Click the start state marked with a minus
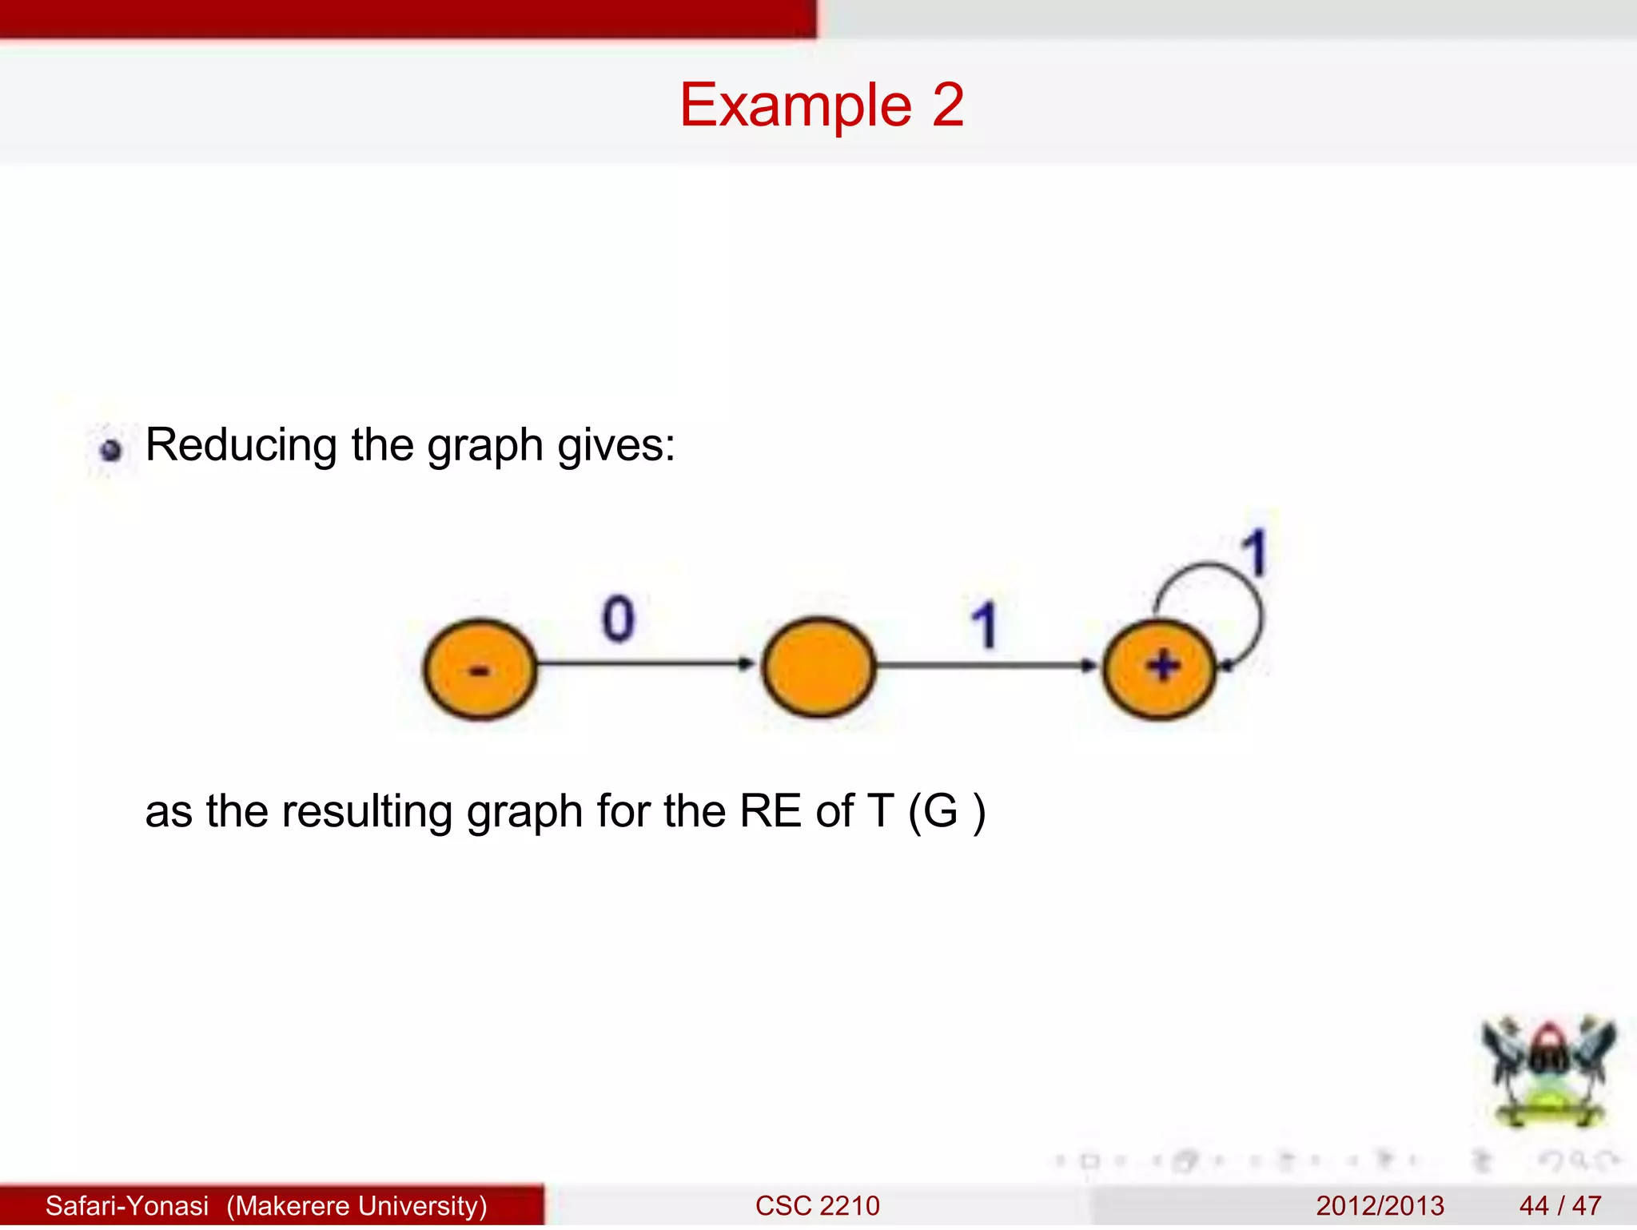click(480, 669)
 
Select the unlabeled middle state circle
click(818, 667)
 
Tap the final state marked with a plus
click(1160, 667)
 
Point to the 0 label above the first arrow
click(618, 619)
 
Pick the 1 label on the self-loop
click(1255, 552)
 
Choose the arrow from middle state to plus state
click(987, 665)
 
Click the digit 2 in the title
click(947, 105)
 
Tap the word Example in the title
click(795, 105)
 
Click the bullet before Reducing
click(111, 450)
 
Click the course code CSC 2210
click(817, 1205)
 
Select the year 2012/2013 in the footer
click(1380, 1205)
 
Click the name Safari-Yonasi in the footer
click(127, 1205)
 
